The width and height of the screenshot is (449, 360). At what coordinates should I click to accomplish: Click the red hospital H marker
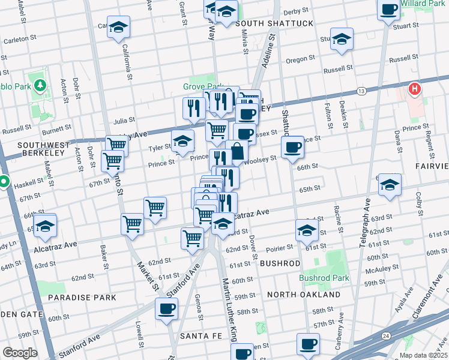coord(414,90)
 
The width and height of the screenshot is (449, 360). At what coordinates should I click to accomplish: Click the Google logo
coord(20,353)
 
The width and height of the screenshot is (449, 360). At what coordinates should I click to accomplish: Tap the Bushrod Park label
coord(324,278)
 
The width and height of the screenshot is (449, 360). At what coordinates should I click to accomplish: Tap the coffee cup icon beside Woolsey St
coord(292,147)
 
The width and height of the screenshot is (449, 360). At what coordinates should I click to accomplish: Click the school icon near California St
coord(119,27)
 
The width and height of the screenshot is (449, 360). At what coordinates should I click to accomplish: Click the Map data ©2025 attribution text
coord(423,355)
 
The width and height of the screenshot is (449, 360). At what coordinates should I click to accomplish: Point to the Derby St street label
coord(295,11)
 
